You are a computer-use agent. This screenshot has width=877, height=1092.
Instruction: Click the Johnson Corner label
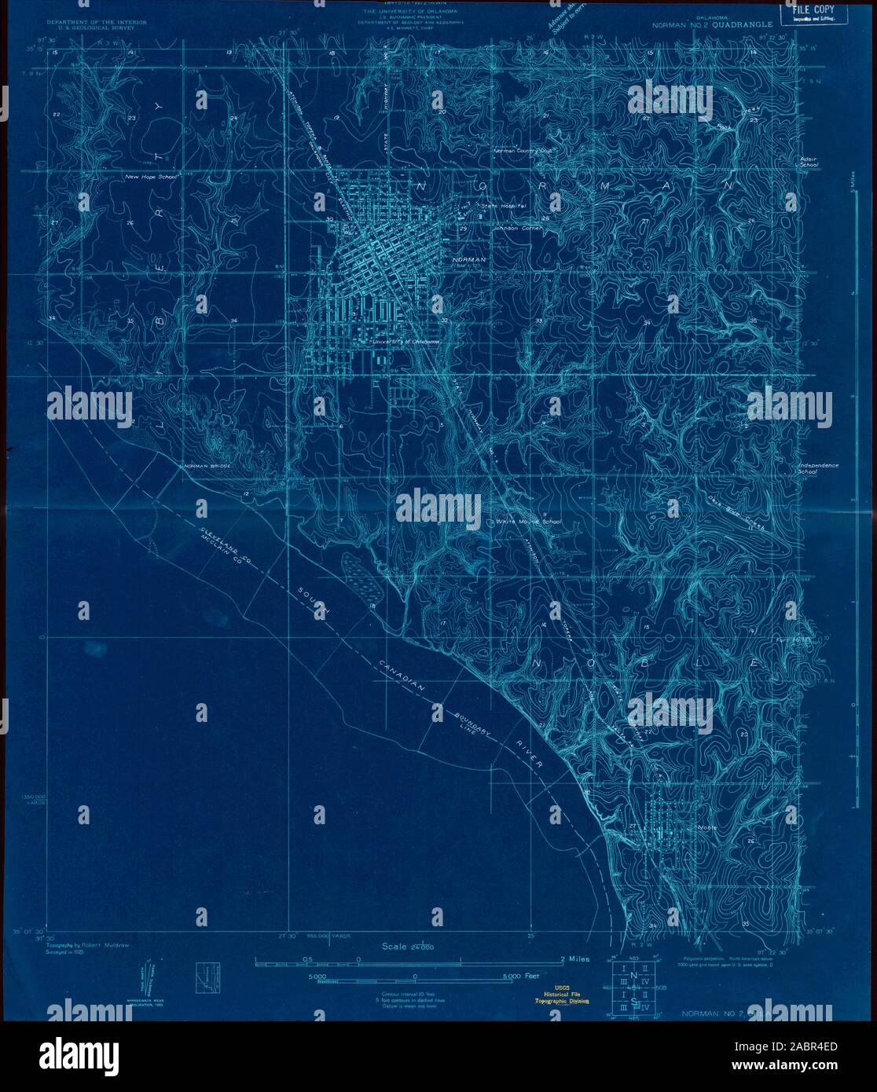[514, 229]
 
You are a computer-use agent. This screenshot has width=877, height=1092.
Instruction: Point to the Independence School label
[817, 468]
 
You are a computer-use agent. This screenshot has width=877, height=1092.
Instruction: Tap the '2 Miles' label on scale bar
[574, 959]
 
